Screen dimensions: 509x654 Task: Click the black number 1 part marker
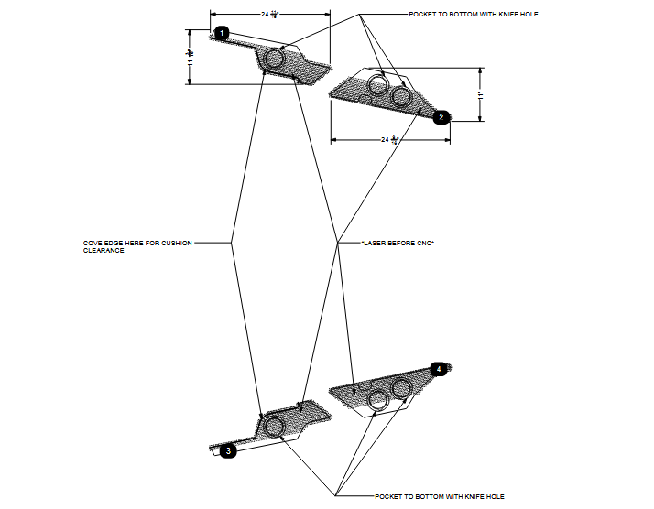tap(221, 34)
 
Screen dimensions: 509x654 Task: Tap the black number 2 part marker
tap(441, 116)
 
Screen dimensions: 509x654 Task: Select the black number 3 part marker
tap(228, 450)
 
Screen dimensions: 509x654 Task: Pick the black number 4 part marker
tap(439, 369)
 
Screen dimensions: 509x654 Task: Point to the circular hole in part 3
tap(273, 426)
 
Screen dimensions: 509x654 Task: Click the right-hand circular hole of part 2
tap(400, 96)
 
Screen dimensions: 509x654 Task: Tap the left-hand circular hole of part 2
tap(377, 87)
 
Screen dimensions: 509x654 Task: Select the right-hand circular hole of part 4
tap(400, 389)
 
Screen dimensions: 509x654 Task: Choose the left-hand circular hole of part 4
tap(377, 397)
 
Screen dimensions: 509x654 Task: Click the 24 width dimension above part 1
tap(270, 15)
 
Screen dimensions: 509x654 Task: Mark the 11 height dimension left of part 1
tap(191, 56)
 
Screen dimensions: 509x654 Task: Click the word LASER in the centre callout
tap(378, 243)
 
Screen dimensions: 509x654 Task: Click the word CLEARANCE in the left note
tap(104, 250)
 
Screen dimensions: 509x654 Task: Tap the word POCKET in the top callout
tap(424, 15)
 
